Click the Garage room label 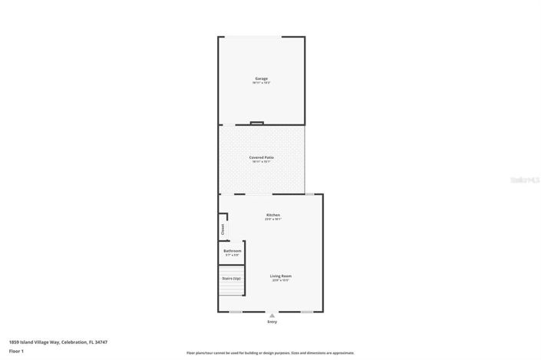pos(262,78)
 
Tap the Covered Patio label pos(262,157)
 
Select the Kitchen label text pos(273,215)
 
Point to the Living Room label pos(281,276)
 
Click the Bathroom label pos(233,251)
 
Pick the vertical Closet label pos(223,228)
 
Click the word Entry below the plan pos(272,322)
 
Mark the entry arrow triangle pos(272,315)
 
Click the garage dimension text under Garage pos(262,83)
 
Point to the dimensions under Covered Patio pos(262,162)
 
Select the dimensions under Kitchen pos(273,220)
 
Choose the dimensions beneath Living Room pos(281,281)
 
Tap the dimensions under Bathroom pos(233,256)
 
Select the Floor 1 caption pos(17,351)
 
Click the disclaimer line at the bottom pos(270,353)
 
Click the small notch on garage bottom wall pos(257,123)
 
